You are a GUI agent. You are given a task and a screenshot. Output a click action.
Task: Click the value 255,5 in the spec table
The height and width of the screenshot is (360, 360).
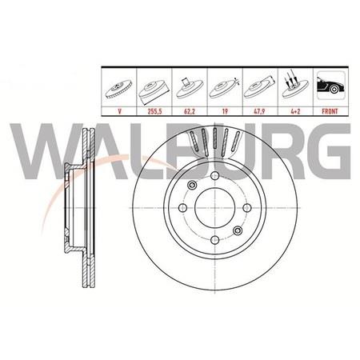[x=155, y=111]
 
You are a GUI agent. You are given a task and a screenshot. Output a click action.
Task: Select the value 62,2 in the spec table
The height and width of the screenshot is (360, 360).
[x=190, y=111]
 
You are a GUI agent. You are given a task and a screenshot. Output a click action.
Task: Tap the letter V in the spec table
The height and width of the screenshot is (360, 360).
[x=119, y=111]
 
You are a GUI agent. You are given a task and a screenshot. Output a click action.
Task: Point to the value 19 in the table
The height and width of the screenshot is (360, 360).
[x=225, y=111]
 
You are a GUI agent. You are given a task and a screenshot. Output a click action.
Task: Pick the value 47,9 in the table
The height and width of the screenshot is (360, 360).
[x=259, y=111]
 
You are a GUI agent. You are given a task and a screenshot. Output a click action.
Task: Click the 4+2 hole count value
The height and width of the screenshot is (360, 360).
[x=295, y=111]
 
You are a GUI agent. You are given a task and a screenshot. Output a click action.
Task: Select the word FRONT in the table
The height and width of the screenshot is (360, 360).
[x=330, y=111]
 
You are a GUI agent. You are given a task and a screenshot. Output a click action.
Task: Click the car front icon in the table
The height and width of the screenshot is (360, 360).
[x=331, y=86]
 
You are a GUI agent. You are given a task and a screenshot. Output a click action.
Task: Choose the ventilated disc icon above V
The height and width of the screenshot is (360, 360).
[x=118, y=89]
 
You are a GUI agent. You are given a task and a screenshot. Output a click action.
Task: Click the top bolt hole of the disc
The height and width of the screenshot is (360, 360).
[x=214, y=176]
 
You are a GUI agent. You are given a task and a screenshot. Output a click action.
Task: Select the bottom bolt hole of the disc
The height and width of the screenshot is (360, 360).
[x=214, y=240]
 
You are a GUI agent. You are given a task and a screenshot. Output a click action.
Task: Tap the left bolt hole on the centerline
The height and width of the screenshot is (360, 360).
[x=182, y=208]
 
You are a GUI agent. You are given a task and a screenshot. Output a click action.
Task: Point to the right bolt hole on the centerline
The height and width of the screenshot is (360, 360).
[x=247, y=208]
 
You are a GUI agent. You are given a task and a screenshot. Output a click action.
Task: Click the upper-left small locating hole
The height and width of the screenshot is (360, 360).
[x=192, y=185]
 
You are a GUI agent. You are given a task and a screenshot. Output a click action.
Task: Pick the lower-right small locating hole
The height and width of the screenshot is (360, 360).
[x=238, y=230]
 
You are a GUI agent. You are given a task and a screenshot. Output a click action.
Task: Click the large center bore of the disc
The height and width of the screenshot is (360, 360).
[x=214, y=208]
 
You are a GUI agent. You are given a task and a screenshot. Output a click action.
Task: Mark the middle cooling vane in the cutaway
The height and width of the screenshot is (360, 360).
[x=214, y=142]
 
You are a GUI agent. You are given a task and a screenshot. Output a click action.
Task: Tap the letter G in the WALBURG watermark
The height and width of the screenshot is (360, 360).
[x=330, y=151]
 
